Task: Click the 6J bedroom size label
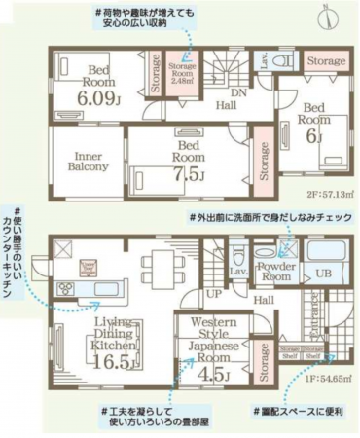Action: click(x=313, y=137)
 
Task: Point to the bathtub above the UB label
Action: click(x=324, y=251)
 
